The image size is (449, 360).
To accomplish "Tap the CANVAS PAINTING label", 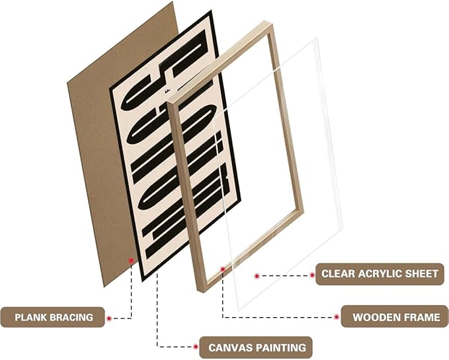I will [257, 347].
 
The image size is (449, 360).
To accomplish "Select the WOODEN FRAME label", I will [395, 317].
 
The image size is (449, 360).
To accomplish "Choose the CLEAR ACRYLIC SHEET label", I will [380, 273].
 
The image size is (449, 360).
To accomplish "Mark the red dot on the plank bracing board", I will [131, 261].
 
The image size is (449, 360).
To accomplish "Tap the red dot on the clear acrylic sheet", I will [256, 275].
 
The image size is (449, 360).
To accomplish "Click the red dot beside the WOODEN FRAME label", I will [336, 317].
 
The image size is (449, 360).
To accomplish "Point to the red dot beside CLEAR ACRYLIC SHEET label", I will [312, 274].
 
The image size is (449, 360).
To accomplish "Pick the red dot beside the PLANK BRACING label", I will [108, 318].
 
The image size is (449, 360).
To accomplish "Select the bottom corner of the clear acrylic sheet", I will [239, 308].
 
